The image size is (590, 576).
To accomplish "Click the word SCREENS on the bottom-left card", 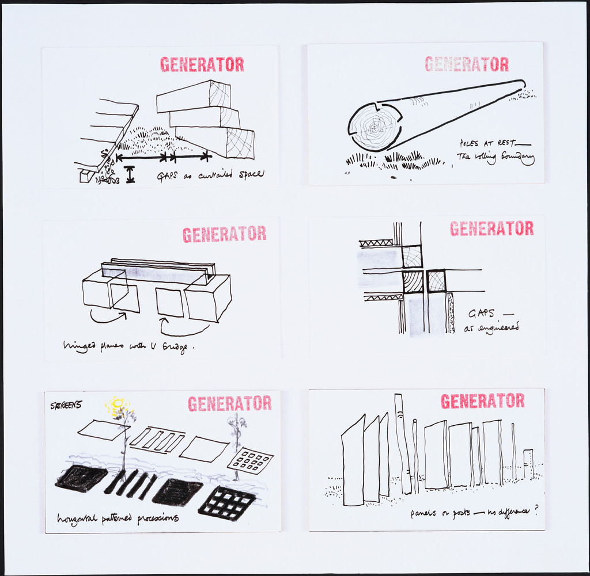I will click(x=66, y=405).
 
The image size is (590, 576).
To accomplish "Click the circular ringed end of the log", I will click(x=375, y=127).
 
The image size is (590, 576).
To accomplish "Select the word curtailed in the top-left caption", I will click(x=214, y=174).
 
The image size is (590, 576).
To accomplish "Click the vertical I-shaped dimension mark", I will click(x=130, y=174).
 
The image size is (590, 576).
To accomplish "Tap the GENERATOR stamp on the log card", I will click(x=467, y=64).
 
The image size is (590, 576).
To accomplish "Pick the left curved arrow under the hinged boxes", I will click(x=108, y=316).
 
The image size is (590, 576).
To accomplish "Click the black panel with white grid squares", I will click(x=226, y=503).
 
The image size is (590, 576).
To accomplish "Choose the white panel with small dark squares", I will click(x=250, y=460).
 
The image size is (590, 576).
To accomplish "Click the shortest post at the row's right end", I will click(x=528, y=464).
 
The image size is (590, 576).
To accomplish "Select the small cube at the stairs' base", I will click(x=86, y=176).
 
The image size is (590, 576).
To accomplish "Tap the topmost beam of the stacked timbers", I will click(x=194, y=96).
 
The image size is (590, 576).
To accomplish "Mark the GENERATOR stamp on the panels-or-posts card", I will click(x=483, y=400).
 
